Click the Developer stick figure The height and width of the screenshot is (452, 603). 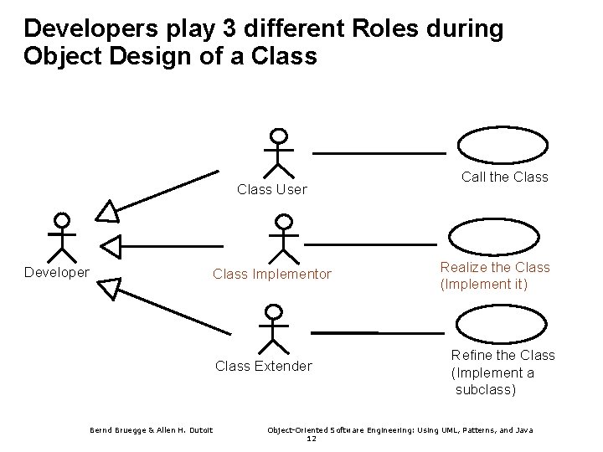click(60, 238)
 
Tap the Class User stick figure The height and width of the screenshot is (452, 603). click(278, 152)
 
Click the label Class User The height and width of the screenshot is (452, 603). click(271, 190)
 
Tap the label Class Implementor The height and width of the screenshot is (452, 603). click(272, 274)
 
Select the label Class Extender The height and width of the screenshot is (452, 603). click(264, 366)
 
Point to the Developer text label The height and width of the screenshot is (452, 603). click(57, 272)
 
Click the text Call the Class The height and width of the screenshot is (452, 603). click(505, 177)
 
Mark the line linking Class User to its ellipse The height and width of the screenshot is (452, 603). click(379, 153)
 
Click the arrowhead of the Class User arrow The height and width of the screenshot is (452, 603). click(108, 212)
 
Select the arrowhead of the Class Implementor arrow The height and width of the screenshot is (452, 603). click(111, 245)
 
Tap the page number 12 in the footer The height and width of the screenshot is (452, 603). click(311, 438)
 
